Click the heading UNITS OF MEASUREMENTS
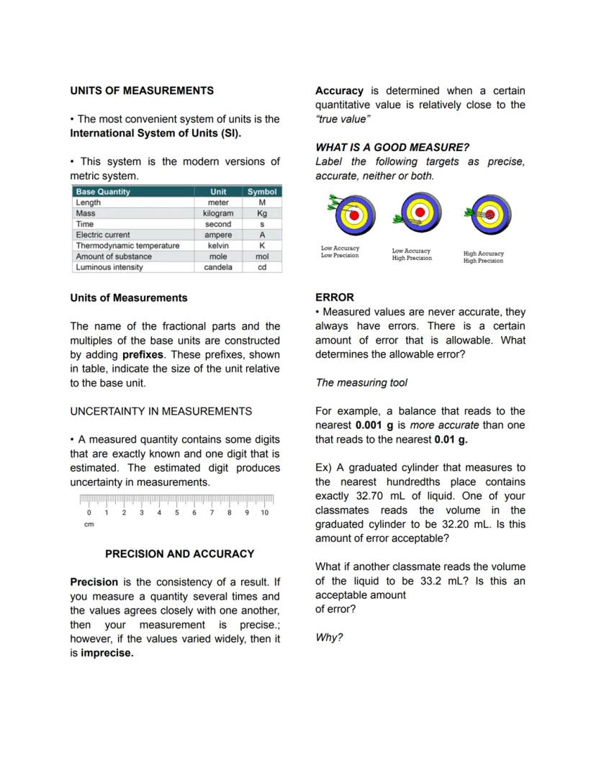[x=142, y=91]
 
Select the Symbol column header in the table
[x=262, y=191]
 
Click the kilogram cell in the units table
[x=218, y=213]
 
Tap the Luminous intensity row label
[x=109, y=267]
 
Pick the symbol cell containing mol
[x=262, y=256]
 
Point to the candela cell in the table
[x=218, y=267]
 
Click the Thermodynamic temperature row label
[x=127, y=245]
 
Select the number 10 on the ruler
[x=264, y=513]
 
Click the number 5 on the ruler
[x=176, y=513]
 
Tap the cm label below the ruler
[x=89, y=525]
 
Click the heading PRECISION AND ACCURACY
[x=179, y=554]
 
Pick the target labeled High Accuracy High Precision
[x=490, y=215]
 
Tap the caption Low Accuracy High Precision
[x=412, y=255]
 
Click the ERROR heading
[x=335, y=297]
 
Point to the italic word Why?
[x=329, y=638]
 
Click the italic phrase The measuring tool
[x=361, y=382]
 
